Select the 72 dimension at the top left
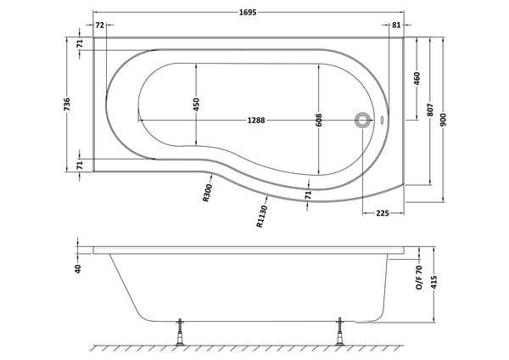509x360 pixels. click(x=99, y=26)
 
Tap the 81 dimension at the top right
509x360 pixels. click(x=396, y=26)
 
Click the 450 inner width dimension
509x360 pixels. click(x=195, y=104)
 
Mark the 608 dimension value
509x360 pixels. click(x=319, y=121)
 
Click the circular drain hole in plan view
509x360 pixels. click(x=364, y=120)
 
